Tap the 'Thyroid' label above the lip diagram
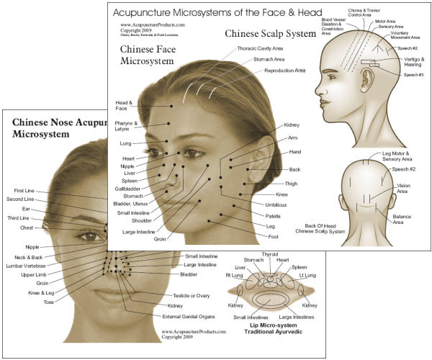[x=271, y=254]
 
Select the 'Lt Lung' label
[x=306, y=275]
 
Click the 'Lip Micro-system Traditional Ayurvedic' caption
[x=271, y=334]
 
